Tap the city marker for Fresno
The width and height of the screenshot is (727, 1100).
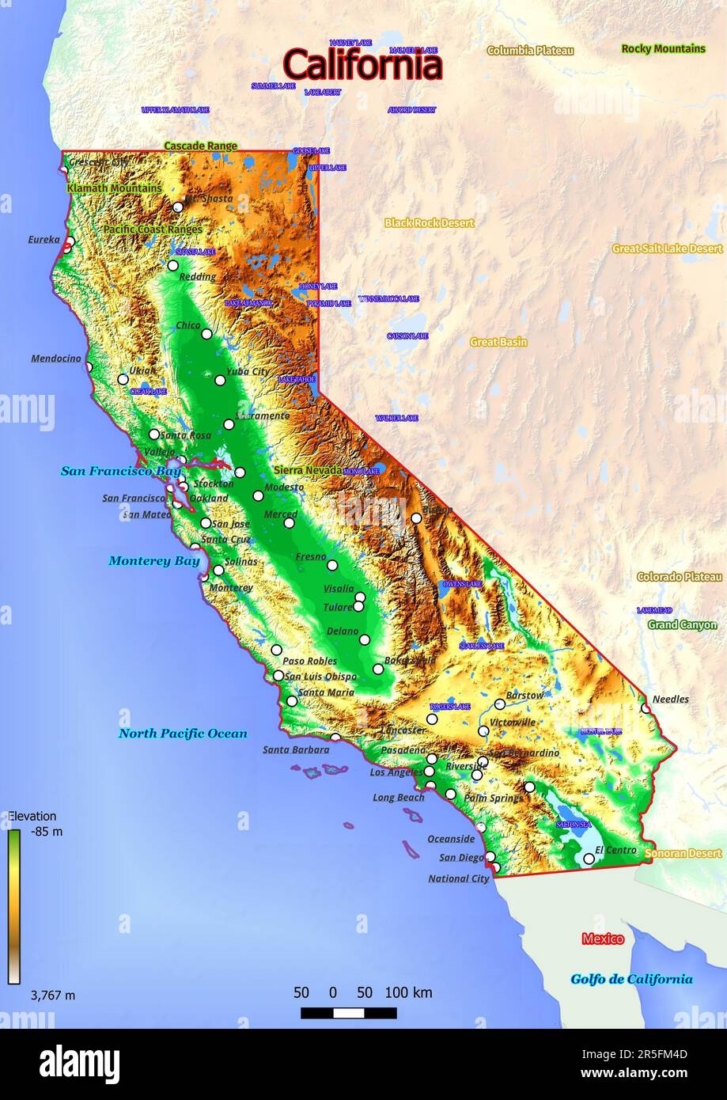coord(333,565)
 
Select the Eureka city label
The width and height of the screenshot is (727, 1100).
coord(44,239)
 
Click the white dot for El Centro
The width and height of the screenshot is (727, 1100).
coord(589,858)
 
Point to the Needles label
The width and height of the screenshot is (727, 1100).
coord(670,700)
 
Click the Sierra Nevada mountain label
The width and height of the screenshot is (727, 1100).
coord(308,470)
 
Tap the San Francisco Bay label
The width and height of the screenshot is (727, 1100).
coord(120,472)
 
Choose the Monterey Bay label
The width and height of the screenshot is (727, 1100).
coord(153,561)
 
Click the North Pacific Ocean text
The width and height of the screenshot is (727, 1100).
coord(183,734)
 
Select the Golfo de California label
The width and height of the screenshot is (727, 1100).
coord(631,979)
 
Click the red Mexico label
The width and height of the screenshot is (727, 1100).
coord(603,939)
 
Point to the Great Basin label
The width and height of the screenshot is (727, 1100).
coord(498,343)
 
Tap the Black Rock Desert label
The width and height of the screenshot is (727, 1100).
coord(429,223)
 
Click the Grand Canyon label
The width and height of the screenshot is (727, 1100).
coord(682,624)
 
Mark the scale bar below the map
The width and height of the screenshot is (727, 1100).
coord(349,1013)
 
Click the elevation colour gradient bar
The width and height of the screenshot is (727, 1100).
coord(14,906)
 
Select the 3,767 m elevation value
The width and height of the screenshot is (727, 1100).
coord(53,996)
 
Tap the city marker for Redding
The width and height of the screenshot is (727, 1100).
coord(173,266)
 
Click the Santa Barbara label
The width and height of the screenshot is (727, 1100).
coord(296,749)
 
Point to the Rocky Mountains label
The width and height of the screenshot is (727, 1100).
coord(663,49)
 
